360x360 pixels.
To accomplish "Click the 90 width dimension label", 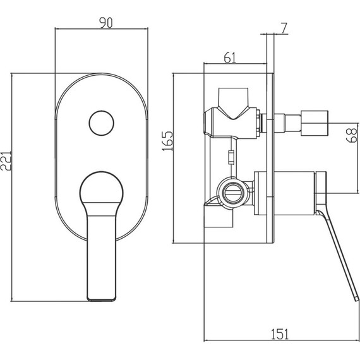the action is point(106,23).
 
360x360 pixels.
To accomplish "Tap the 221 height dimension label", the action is point(6,160).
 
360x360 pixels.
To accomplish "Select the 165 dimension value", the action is point(167,141).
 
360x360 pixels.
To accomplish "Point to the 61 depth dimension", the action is point(230,57).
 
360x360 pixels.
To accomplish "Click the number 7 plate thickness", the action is point(284,28).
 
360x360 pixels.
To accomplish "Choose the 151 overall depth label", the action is point(280,334).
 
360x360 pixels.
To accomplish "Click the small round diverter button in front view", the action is point(102,123).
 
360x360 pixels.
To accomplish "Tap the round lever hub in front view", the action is point(102,187).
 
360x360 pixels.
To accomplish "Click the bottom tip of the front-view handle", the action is point(101,299).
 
